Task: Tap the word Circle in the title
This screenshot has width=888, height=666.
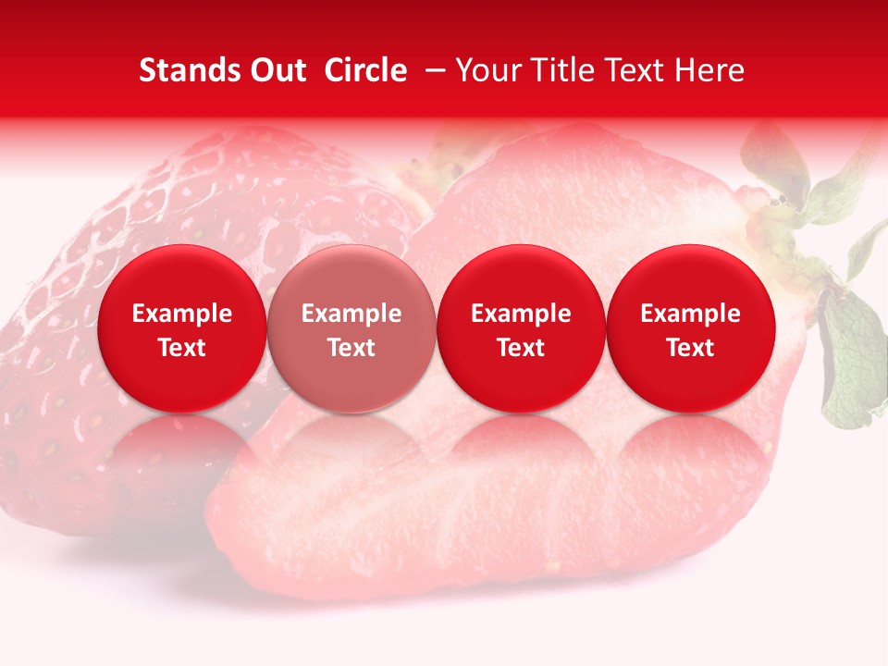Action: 365,71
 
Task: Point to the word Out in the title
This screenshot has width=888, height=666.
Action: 275,71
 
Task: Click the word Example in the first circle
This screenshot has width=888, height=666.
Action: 181,314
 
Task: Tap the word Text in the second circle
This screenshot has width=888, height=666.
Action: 351,348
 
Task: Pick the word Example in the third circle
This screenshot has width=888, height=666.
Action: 521,314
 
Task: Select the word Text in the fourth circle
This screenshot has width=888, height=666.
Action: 691,348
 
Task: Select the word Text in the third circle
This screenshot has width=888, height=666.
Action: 521,348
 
